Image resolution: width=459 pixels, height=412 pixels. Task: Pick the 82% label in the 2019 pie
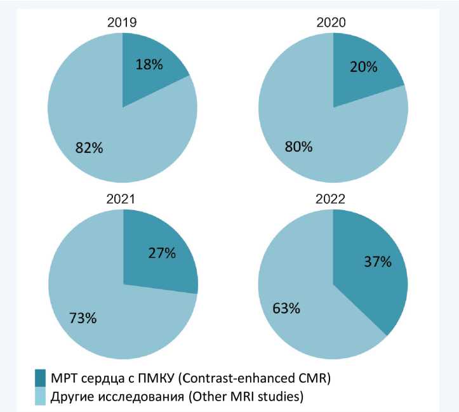click(88, 148)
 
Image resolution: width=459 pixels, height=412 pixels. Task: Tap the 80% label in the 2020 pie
click(298, 147)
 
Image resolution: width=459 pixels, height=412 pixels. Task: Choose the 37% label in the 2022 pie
click(376, 262)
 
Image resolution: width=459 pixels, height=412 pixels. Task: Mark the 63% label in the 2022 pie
click(286, 309)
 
